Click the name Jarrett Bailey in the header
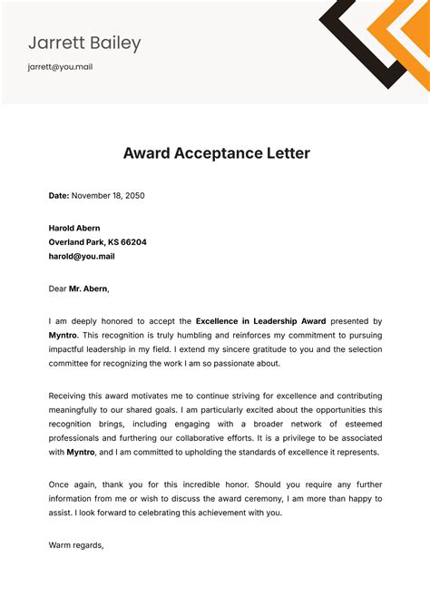(x=84, y=43)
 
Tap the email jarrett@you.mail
(x=60, y=67)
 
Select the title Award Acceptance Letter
(x=216, y=153)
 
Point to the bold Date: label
(x=58, y=195)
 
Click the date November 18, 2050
(x=107, y=195)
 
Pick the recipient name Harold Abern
(x=74, y=228)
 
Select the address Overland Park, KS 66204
(x=97, y=242)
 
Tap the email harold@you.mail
(x=82, y=257)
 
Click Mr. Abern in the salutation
(x=88, y=289)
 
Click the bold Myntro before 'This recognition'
(x=64, y=335)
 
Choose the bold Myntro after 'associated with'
(x=82, y=452)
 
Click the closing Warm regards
(x=76, y=545)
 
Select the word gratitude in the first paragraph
(x=261, y=349)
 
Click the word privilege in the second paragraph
(x=303, y=438)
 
